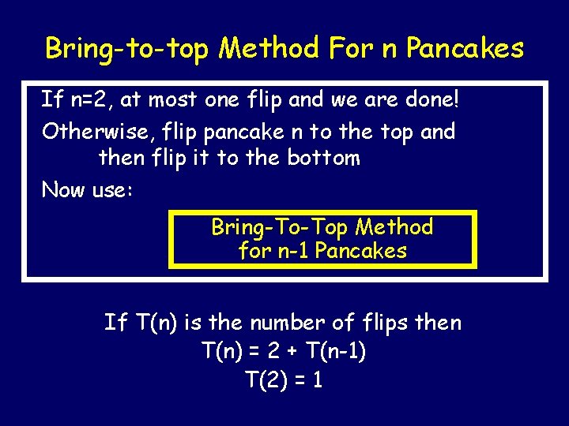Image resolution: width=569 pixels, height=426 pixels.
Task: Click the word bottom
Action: point(323,158)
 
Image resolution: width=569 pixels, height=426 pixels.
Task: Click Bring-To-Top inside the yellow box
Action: point(280,227)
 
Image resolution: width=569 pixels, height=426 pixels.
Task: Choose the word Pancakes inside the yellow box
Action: point(360,251)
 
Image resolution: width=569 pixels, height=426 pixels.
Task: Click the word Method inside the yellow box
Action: point(394,227)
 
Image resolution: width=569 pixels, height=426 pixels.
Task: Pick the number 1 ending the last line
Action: point(317,380)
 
